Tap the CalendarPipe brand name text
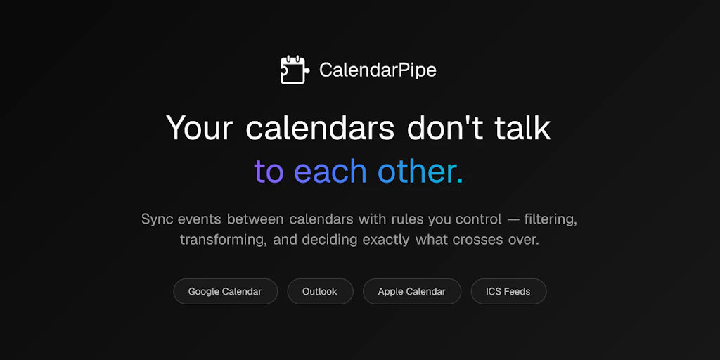pyautogui.click(x=378, y=70)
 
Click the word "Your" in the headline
pyautogui.click(x=200, y=129)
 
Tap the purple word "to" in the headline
pyautogui.click(x=269, y=172)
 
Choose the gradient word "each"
pyautogui.click(x=330, y=172)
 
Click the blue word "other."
pyautogui.click(x=420, y=172)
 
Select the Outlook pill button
pyautogui.click(x=320, y=291)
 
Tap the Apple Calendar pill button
pyautogui.click(x=412, y=291)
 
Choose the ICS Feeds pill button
pyautogui.click(x=508, y=291)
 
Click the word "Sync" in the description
pyautogui.click(x=157, y=219)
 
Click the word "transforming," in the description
pyautogui.click(x=222, y=240)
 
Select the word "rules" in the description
pyautogui.click(x=411, y=219)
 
